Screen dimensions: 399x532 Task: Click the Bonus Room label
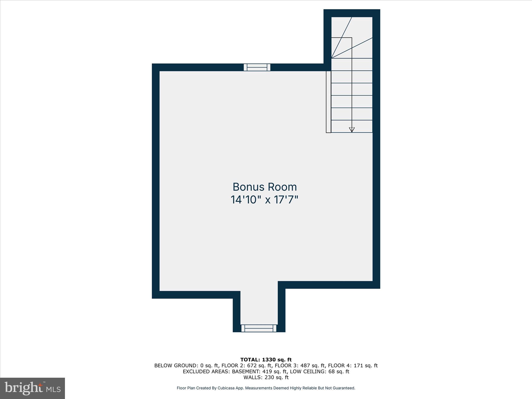click(264, 187)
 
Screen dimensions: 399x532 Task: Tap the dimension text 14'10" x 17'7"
click(264, 200)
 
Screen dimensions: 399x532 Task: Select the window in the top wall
click(257, 67)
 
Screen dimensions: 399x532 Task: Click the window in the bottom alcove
click(259, 328)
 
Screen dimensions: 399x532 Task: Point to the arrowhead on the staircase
click(352, 130)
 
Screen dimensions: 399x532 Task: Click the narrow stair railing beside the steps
click(329, 102)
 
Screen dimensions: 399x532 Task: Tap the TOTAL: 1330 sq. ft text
click(266, 360)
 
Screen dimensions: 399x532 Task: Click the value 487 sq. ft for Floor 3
click(312, 366)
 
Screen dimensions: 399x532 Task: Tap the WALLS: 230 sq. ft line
click(266, 377)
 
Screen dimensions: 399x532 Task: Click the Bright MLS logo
click(32, 388)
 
